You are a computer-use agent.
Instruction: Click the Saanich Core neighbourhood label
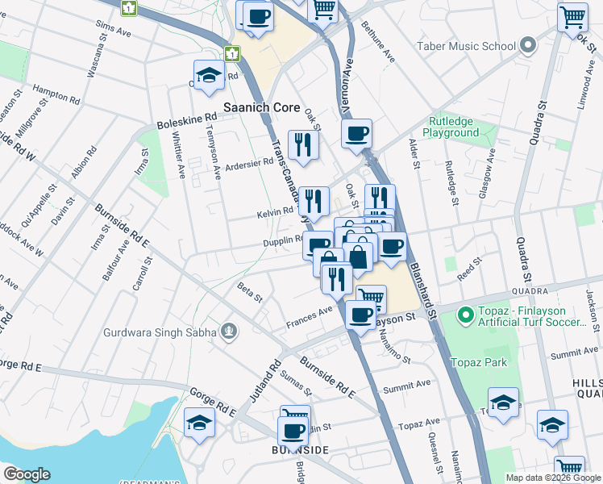tap(261, 107)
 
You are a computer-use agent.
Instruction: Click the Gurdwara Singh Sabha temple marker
tap(230, 332)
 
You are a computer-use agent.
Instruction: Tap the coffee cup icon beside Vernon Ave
tap(356, 133)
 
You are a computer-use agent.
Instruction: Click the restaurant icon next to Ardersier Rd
tap(303, 144)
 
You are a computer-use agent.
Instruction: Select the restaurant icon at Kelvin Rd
tap(314, 200)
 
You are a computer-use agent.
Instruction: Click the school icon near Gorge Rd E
tap(199, 422)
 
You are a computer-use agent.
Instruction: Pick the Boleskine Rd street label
tap(187, 122)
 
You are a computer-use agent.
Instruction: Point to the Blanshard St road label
tap(423, 287)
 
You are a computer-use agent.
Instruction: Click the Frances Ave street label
tap(309, 318)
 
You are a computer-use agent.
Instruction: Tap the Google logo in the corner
tap(27, 474)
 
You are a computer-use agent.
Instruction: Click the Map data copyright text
tap(552, 478)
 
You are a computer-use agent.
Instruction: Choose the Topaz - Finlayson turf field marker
tap(464, 315)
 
